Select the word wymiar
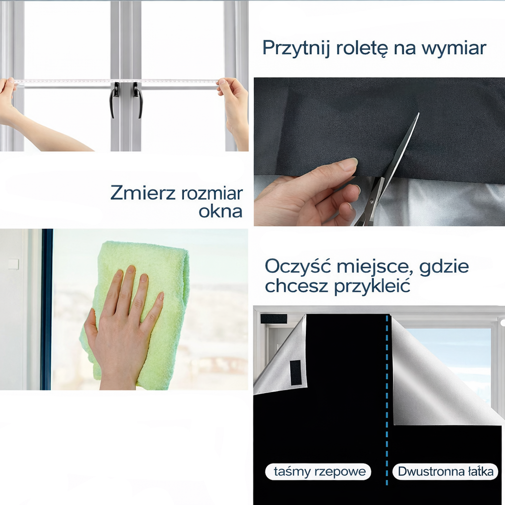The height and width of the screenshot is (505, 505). pyautogui.click(x=454, y=49)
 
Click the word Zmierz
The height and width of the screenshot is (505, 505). pyautogui.click(x=143, y=193)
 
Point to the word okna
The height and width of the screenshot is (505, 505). pyautogui.click(x=220, y=211)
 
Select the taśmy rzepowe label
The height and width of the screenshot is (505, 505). pyautogui.click(x=319, y=471)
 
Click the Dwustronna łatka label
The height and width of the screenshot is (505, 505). pyautogui.click(x=445, y=471)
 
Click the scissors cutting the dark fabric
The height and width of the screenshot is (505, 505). pyautogui.click(x=388, y=171)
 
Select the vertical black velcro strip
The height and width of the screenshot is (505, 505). pyautogui.click(x=295, y=372)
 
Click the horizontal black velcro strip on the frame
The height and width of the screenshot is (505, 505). pyautogui.click(x=273, y=319)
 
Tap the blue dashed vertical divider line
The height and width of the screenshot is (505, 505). pyautogui.click(x=387, y=400)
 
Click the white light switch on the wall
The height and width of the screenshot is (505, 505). pyautogui.click(x=13, y=264)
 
